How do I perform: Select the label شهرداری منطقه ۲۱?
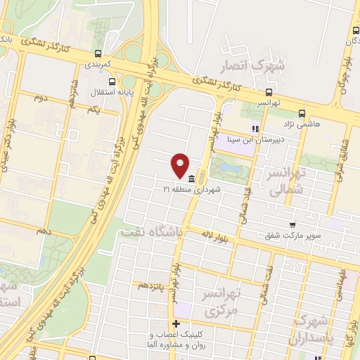(191, 190)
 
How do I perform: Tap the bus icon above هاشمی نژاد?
(302, 112)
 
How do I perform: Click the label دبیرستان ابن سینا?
(252, 139)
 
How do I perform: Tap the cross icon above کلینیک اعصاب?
(176, 323)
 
